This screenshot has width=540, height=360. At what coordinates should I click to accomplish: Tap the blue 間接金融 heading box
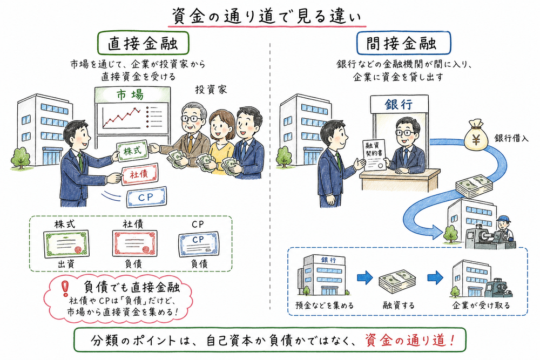coord(404,42)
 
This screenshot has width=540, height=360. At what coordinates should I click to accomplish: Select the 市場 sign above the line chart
coord(130,95)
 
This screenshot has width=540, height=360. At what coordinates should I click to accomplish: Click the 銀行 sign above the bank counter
coord(398,104)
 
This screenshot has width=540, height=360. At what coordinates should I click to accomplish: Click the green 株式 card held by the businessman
coord(132,151)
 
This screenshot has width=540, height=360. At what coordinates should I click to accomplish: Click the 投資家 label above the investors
coord(210,89)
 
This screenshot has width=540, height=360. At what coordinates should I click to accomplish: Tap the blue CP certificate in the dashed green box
coord(198,243)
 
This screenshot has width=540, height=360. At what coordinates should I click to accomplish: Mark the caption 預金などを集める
coord(326,305)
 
